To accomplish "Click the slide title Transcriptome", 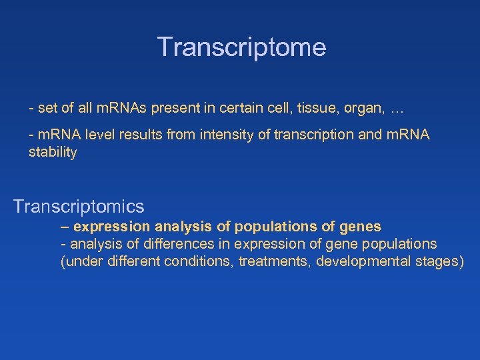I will (x=241, y=47).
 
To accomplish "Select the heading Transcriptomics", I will (x=79, y=206).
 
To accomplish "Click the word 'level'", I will (x=94, y=135).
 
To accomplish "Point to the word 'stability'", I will (x=53, y=153).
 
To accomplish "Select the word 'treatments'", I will (x=274, y=261).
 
